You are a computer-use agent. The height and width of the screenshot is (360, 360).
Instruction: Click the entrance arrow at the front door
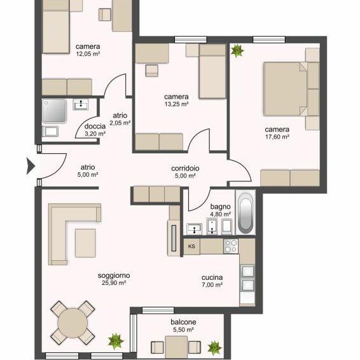point(31,166)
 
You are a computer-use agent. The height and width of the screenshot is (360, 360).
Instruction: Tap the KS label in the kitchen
point(191,246)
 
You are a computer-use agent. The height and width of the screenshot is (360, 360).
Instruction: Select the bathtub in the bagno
point(246,212)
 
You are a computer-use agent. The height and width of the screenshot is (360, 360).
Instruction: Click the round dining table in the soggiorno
point(73,323)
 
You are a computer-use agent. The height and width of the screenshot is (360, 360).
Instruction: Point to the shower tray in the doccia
point(55,111)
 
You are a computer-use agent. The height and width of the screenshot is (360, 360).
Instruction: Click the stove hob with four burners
point(231,246)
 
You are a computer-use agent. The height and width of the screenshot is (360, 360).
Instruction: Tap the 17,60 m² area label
point(277,137)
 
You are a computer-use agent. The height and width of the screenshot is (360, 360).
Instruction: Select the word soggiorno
point(114,275)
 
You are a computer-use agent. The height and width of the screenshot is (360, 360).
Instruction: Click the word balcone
point(183,322)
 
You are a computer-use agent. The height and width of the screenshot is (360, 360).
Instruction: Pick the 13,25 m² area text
point(176,104)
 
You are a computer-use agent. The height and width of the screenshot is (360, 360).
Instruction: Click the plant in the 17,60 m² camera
point(237,51)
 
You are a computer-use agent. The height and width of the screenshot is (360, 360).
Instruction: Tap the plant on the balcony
point(214,348)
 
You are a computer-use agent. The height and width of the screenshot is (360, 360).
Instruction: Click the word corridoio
point(185,169)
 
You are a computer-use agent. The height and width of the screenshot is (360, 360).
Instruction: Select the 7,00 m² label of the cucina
point(212,285)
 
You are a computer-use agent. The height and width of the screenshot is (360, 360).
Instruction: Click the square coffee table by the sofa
point(85,243)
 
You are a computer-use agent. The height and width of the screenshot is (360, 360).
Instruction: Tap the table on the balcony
point(176,347)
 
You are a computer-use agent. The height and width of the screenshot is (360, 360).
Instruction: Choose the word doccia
point(95,127)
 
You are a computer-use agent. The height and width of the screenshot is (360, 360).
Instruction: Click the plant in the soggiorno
point(116,341)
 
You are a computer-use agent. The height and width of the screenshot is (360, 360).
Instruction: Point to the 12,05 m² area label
point(88,54)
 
